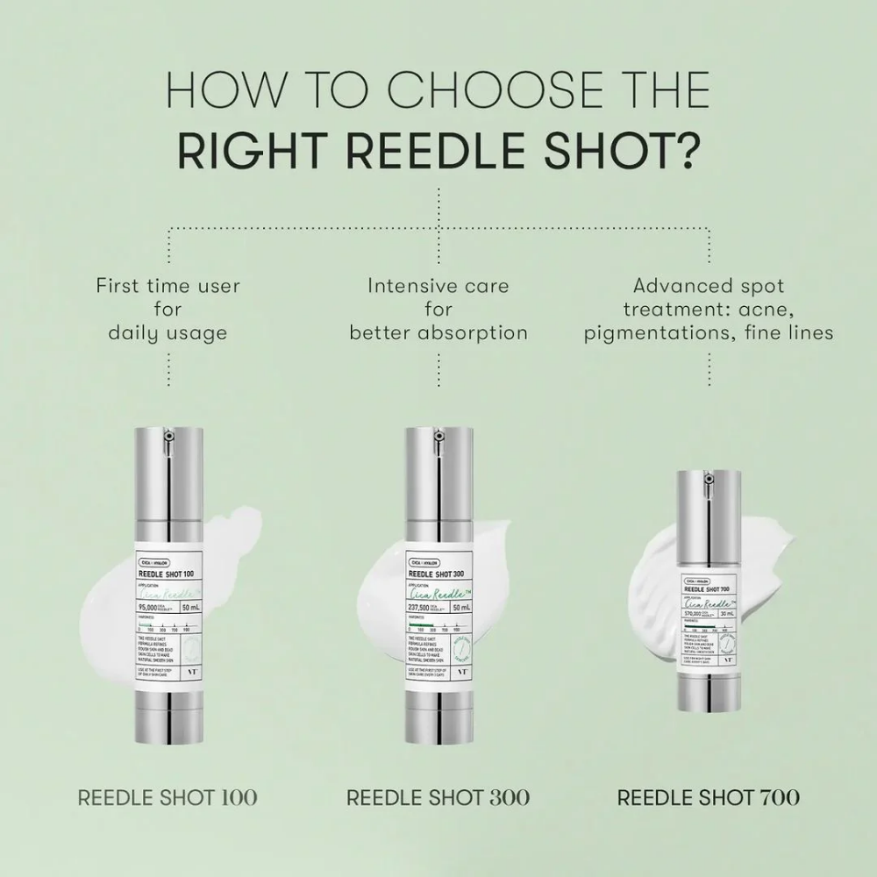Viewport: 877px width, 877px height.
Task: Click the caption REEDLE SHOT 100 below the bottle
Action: click(168, 797)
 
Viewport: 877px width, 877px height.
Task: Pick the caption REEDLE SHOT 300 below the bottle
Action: click(438, 797)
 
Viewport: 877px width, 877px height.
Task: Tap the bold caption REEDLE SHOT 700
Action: click(709, 797)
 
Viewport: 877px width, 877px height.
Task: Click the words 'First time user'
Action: click(168, 286)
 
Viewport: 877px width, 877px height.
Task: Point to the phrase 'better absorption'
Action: click(438, 332)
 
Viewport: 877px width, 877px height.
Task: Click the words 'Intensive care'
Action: click(438, 286)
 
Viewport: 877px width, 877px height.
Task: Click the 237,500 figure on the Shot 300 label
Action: click(423, 607)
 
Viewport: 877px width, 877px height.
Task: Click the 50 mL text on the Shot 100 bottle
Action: click(190, 607)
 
